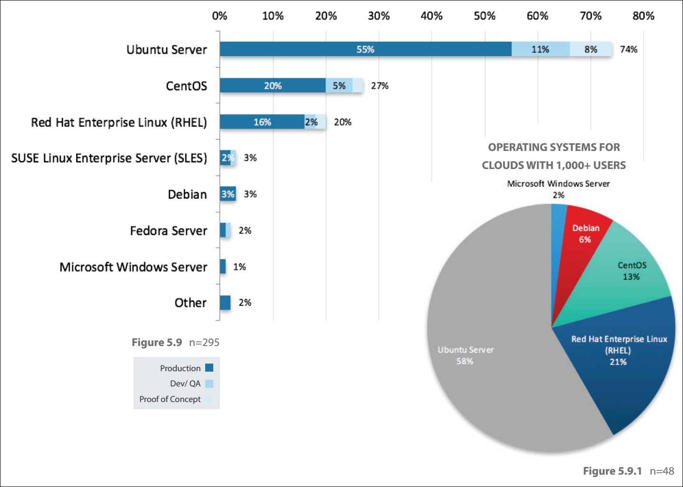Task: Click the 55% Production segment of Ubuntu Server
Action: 365,49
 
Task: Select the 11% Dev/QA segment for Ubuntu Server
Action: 541,49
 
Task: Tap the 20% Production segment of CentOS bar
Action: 273,86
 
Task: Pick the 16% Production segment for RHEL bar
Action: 262,122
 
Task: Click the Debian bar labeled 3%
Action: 228,194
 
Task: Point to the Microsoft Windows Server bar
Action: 223,267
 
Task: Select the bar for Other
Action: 225,303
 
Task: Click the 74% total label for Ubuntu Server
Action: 628,49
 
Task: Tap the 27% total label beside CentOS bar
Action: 379,86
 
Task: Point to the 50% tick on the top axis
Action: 484,16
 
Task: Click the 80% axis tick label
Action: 643,16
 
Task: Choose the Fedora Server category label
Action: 169,231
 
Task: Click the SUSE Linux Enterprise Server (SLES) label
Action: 109,158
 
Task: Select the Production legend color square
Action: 209,368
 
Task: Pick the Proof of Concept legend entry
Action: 170,399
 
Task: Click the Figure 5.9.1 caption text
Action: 612,471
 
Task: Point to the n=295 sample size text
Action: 204,342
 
